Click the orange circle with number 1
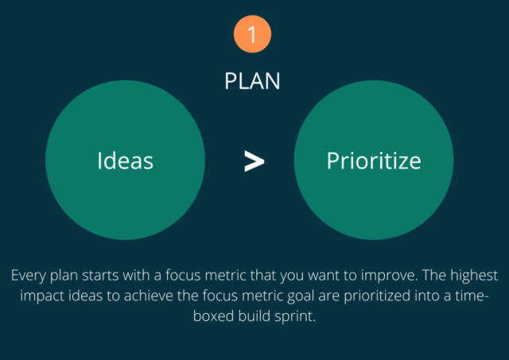(252, 34)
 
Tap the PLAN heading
(252, 81)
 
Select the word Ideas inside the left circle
(126, 161)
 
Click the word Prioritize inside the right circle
(374, 161)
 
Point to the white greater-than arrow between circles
(254, 161)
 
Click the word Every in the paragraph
(29, 276)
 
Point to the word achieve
(149, 296)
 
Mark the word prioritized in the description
(377, 296)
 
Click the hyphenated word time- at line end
(472, 296)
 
